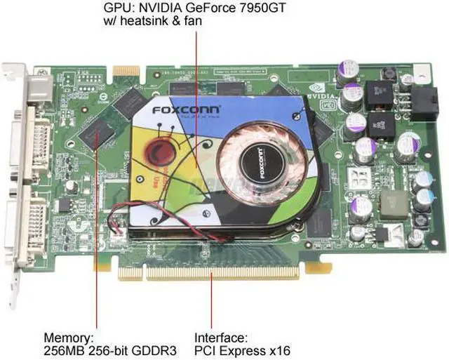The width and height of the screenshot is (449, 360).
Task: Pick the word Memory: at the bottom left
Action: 68,337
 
